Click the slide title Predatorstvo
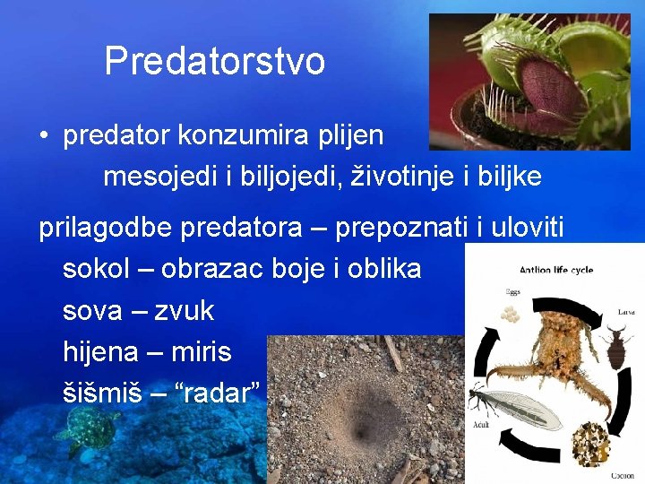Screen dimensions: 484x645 214,62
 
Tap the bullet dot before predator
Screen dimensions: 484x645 43,136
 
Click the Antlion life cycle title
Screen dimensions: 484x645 555,270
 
